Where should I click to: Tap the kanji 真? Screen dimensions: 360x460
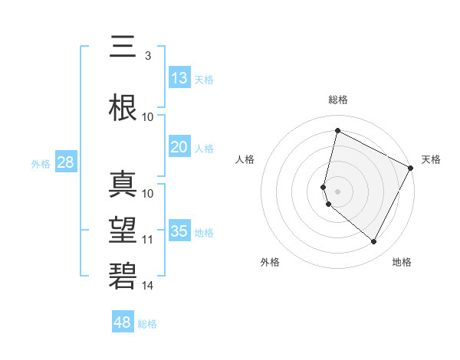(x=123, y=185)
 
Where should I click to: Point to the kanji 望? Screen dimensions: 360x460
(x=123, y=231)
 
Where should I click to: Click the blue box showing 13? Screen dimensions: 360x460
(x=179, y=77)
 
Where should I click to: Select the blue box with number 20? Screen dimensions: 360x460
(x=179, y=147)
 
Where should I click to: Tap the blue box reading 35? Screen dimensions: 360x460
(x=179, y=231)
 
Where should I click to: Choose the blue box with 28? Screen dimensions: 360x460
(x=65, y=162)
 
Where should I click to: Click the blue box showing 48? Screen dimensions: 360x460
(x=123, y=322)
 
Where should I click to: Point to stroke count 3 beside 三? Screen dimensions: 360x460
(x=147, y=56)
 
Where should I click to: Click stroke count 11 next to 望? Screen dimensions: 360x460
(x=148, y=240)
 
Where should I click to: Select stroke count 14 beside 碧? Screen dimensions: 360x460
(x=148, y=286)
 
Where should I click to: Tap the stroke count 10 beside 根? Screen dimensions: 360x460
(x=148, y=117)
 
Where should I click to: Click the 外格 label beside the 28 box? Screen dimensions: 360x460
(x=41, y=163)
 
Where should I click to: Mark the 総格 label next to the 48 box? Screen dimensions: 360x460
(x=147, y=324)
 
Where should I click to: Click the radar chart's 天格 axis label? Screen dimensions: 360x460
(x=431, y=159)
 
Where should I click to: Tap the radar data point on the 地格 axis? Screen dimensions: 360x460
(x=373, y=242)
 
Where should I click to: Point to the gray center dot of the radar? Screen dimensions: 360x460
(x=337, y=191)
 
